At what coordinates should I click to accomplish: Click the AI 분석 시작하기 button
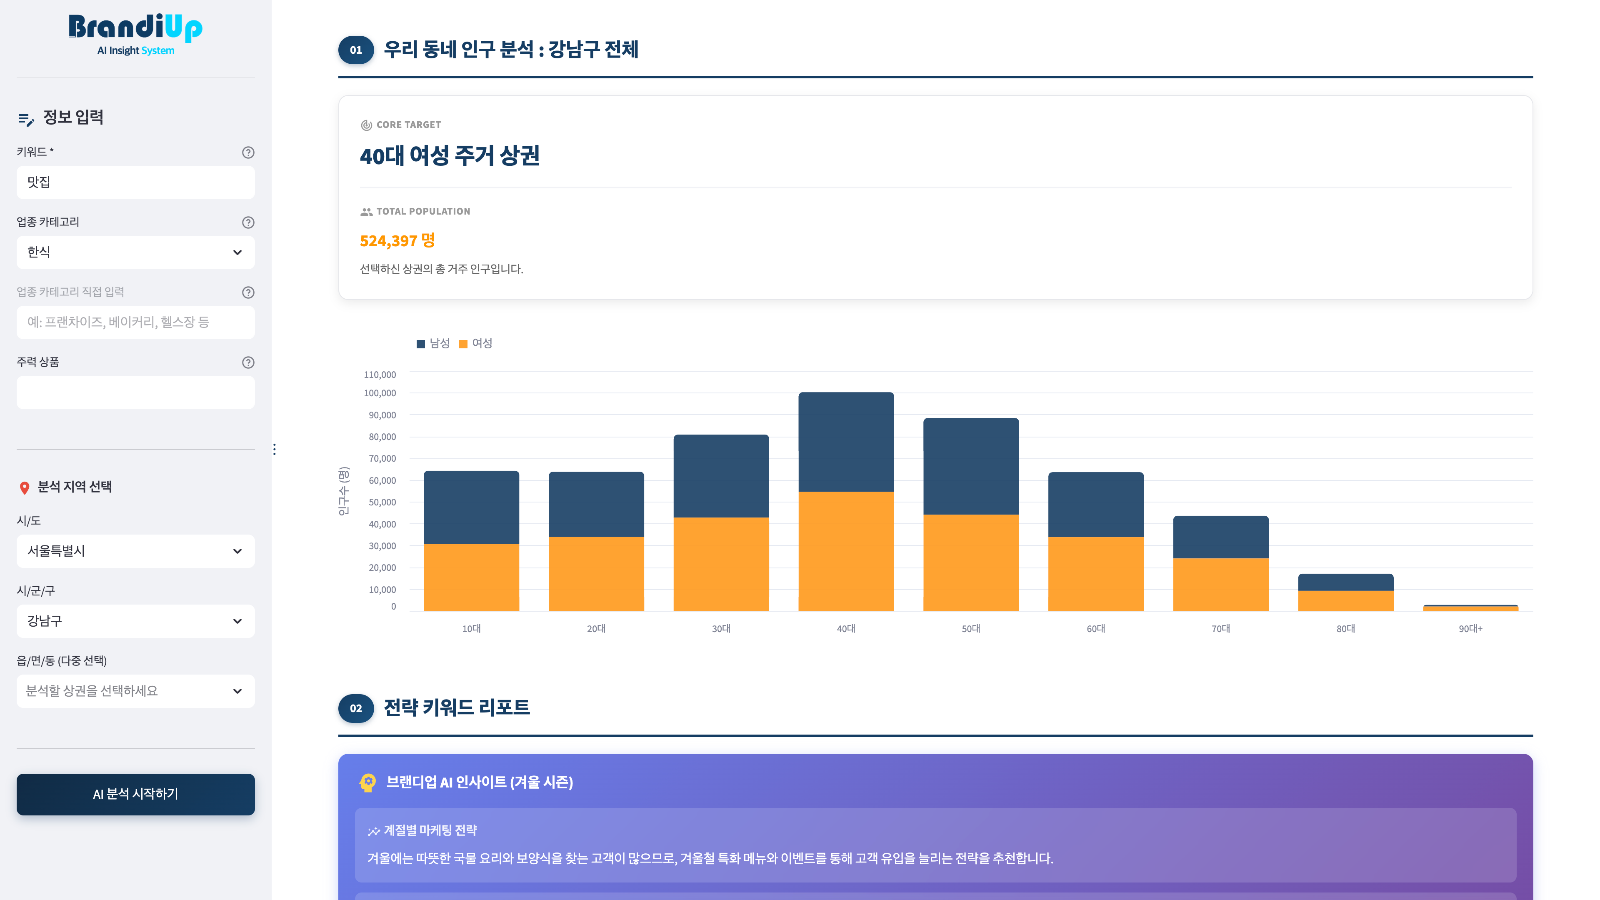(135, 794)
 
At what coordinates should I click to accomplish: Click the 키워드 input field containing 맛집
(135, 182)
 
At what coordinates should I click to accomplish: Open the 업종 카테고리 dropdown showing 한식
(135, 252)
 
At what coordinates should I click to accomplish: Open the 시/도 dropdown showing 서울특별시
(135, 551)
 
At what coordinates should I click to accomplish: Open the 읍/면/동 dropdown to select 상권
(135, 691)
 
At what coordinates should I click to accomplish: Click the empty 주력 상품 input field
(135, 392)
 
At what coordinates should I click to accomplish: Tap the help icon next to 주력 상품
(248, 362)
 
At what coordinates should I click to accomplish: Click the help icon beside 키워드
(248, 152)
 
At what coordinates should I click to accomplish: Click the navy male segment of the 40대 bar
(846, 442)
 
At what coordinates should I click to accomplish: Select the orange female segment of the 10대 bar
(471, 577)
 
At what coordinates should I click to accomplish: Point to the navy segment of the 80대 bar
(1345, 582)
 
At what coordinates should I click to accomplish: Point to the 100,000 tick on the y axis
(380, 393)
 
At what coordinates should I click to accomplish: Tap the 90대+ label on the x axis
(1470, 629)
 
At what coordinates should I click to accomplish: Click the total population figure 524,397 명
(397, 240)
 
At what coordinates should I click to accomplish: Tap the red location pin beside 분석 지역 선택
(25, 487)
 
